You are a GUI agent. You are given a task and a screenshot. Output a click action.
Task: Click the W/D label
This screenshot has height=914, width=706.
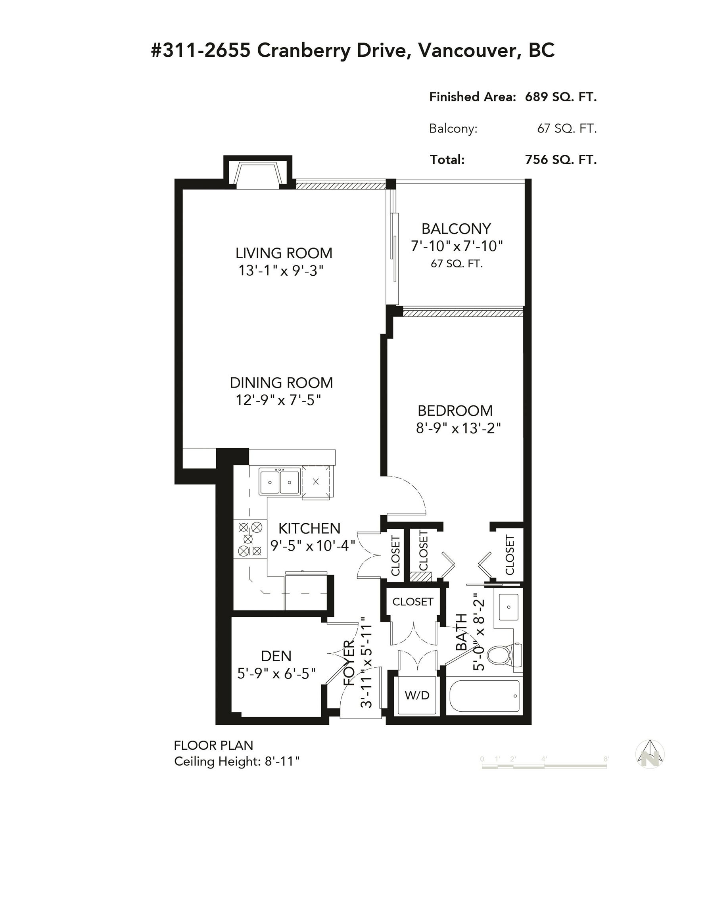pos(417,695)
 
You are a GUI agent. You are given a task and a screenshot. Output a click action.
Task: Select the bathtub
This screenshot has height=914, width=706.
pos(484,696)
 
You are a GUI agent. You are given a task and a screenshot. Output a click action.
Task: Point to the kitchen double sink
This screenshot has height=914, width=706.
pos(279,481)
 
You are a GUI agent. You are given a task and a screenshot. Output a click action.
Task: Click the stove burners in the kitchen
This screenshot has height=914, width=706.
pos(250,539)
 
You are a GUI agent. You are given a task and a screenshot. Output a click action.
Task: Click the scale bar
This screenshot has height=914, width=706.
pos(544,766)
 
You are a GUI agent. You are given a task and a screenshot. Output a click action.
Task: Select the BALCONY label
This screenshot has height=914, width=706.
pos(456,229)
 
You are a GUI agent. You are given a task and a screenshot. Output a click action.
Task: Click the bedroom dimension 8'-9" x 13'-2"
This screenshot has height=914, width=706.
pos(458,428)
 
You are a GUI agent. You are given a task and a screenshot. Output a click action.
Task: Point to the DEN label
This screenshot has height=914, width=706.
pos(276,656)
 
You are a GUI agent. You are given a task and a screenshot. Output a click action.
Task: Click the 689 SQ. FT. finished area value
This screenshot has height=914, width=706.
pos(561,97)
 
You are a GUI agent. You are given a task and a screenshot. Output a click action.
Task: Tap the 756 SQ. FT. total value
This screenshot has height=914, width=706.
pos(561,159)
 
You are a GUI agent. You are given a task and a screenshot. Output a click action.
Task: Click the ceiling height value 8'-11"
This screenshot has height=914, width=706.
pos(282,761)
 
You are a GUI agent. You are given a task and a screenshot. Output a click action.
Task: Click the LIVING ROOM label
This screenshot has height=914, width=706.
pos(284,253)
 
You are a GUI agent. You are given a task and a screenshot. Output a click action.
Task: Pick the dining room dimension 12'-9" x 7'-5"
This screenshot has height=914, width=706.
pos(278,400)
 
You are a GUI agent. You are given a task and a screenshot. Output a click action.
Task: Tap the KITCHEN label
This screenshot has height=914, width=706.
pos(309,528)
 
